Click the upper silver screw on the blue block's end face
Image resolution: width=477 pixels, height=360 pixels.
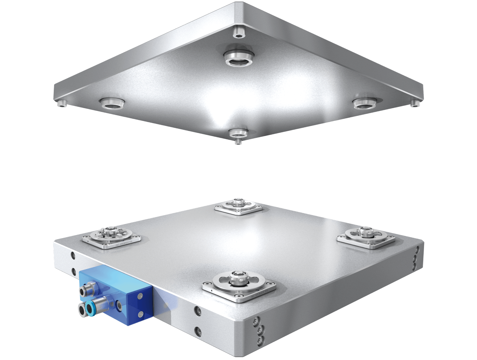click(x=139, y=296)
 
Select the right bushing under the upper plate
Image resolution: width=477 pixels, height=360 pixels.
click(x=365, y=103)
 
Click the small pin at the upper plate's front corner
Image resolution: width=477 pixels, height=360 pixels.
click(x=238, y=141)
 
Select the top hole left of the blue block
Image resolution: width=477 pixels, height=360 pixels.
click(x=73, y=255)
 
